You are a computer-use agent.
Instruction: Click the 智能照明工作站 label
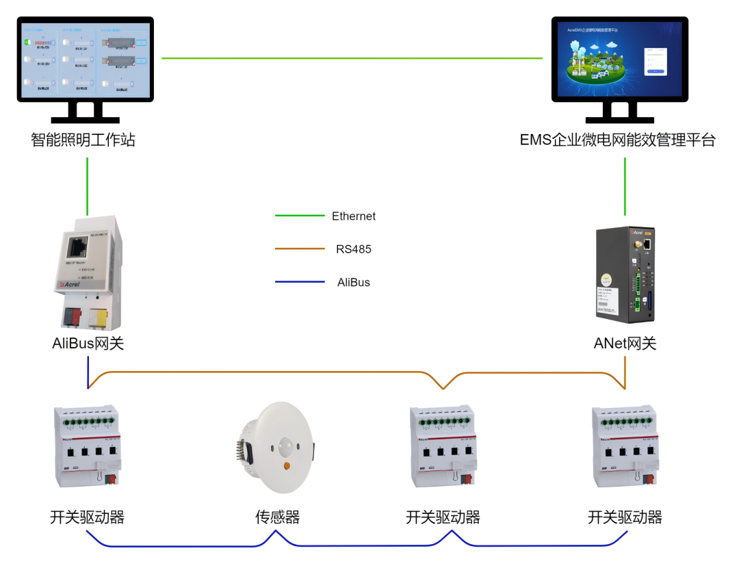tap(83, 140)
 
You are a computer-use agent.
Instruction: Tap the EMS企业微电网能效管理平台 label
tap(617, 140)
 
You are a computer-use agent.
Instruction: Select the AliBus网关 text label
tap(88, 344)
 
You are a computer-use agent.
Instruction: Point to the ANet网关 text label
tap(625, 344)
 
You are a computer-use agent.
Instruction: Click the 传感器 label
tap(277, 517)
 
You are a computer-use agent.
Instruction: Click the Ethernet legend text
tap(354, 216)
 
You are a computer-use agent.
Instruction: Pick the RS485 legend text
tap(354, 249)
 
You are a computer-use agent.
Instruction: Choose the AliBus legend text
tap(354, 282)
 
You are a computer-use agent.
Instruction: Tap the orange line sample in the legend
tap(300, 249)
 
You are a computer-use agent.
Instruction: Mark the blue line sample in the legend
tap(300, 282)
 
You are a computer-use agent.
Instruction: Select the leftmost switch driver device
tap(86, 446)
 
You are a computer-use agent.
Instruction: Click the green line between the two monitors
tap(352, 58)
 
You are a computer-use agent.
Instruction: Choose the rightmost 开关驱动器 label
tap(625, 517)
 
